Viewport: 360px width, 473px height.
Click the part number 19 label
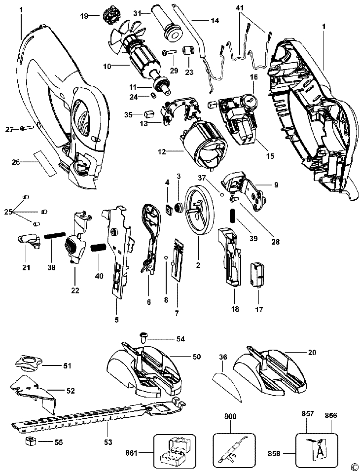[x=84, y=16]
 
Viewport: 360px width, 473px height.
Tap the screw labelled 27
[x=26, y=129]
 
